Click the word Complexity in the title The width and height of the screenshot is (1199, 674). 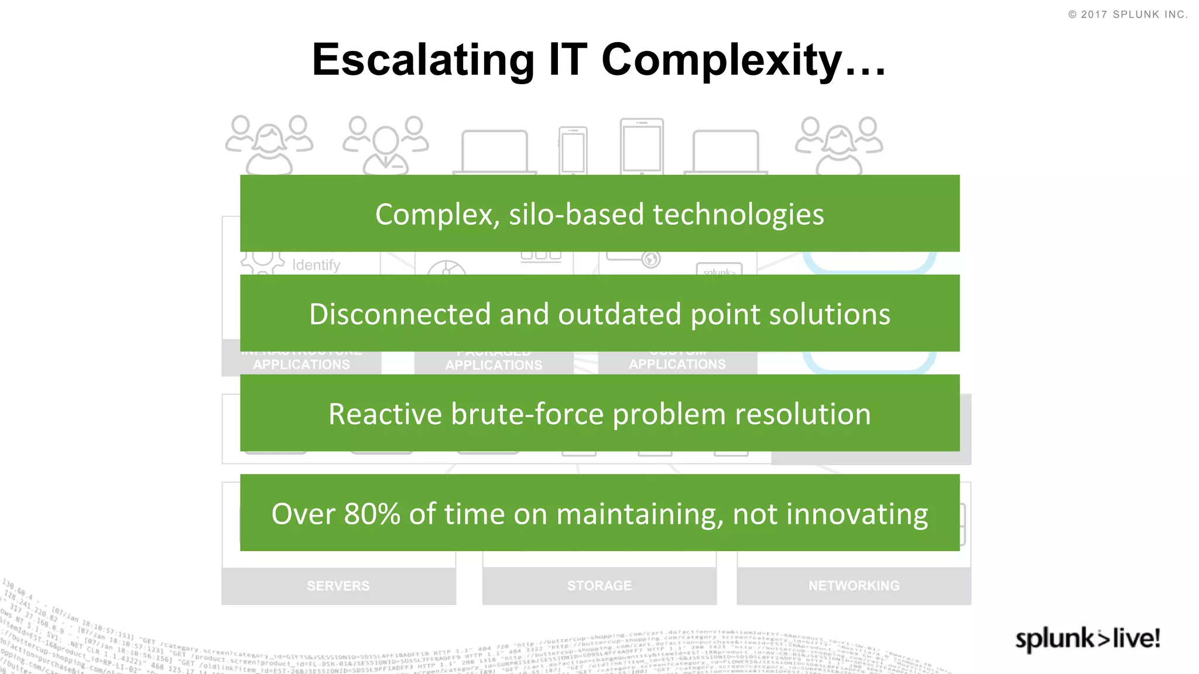click(722, 60)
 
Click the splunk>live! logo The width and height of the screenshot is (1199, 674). click(1087, 638)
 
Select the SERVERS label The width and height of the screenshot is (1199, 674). click(338, 586)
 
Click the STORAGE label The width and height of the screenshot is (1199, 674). click(599, 586)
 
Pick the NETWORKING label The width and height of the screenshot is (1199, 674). click(854, 586)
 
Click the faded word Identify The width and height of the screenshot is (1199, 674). click(316, 265)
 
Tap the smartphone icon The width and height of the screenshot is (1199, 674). click(573, 150)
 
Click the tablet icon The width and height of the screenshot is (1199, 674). click(642, 146)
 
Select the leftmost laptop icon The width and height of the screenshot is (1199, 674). click(495, 152)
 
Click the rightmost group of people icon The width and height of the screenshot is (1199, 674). click(838, 145)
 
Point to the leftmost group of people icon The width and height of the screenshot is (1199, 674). click(269, 145)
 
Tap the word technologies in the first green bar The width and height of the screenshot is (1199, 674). click(738, 214)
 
